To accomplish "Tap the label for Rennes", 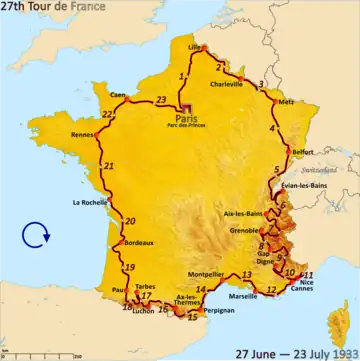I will [x=83, y=135].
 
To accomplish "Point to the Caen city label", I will [x=118, y=95].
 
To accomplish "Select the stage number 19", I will [x=130, y=267].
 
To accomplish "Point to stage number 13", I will [x=247, y=274].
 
